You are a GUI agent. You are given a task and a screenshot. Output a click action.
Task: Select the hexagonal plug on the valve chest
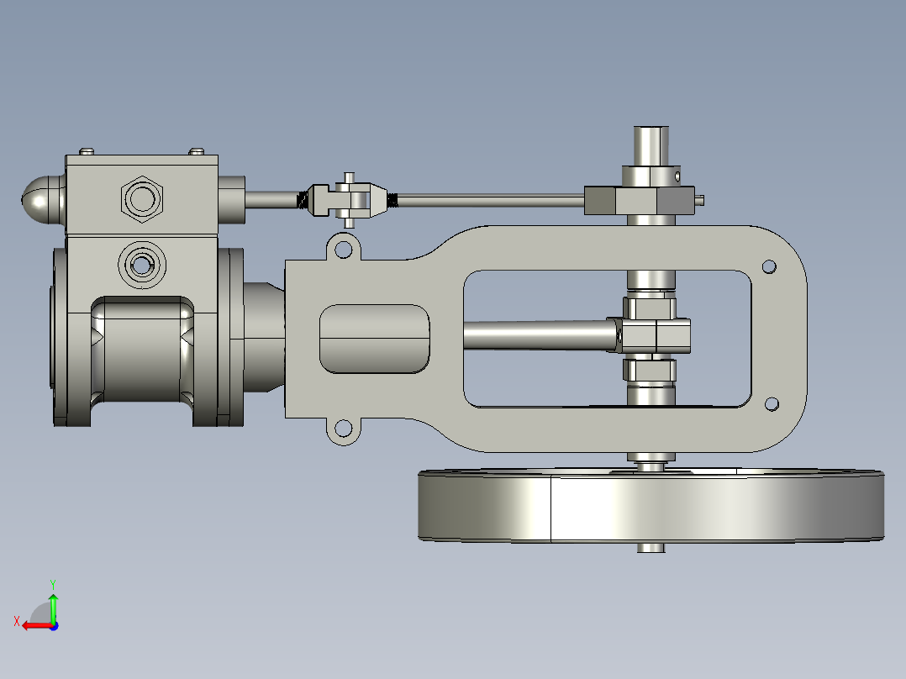click(x=141, y=199)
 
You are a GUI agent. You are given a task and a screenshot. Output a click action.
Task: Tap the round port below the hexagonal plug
click(x=141, y=265)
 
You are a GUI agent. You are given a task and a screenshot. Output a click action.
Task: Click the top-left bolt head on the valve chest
click(x=87, y=151)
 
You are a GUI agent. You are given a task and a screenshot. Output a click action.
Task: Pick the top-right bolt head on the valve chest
click(x=196, y=151)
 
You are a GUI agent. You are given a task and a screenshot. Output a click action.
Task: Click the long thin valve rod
click(x=487, y=199)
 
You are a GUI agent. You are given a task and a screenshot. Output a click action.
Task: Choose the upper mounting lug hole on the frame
click(x=343, y=250)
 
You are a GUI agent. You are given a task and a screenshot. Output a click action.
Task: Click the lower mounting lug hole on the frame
click(x=342, y=429)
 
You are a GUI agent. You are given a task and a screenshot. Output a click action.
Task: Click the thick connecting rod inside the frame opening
click(x=538, y=336)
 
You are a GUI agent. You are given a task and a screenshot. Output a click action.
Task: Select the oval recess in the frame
click(x=374, y=338)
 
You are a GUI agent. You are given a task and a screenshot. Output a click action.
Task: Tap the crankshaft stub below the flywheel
click(x=651, y=547)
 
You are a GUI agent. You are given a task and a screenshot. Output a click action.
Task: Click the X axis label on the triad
click(x=16, y=621)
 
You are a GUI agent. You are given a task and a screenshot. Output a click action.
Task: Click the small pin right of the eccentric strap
click(x=700, y=199)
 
